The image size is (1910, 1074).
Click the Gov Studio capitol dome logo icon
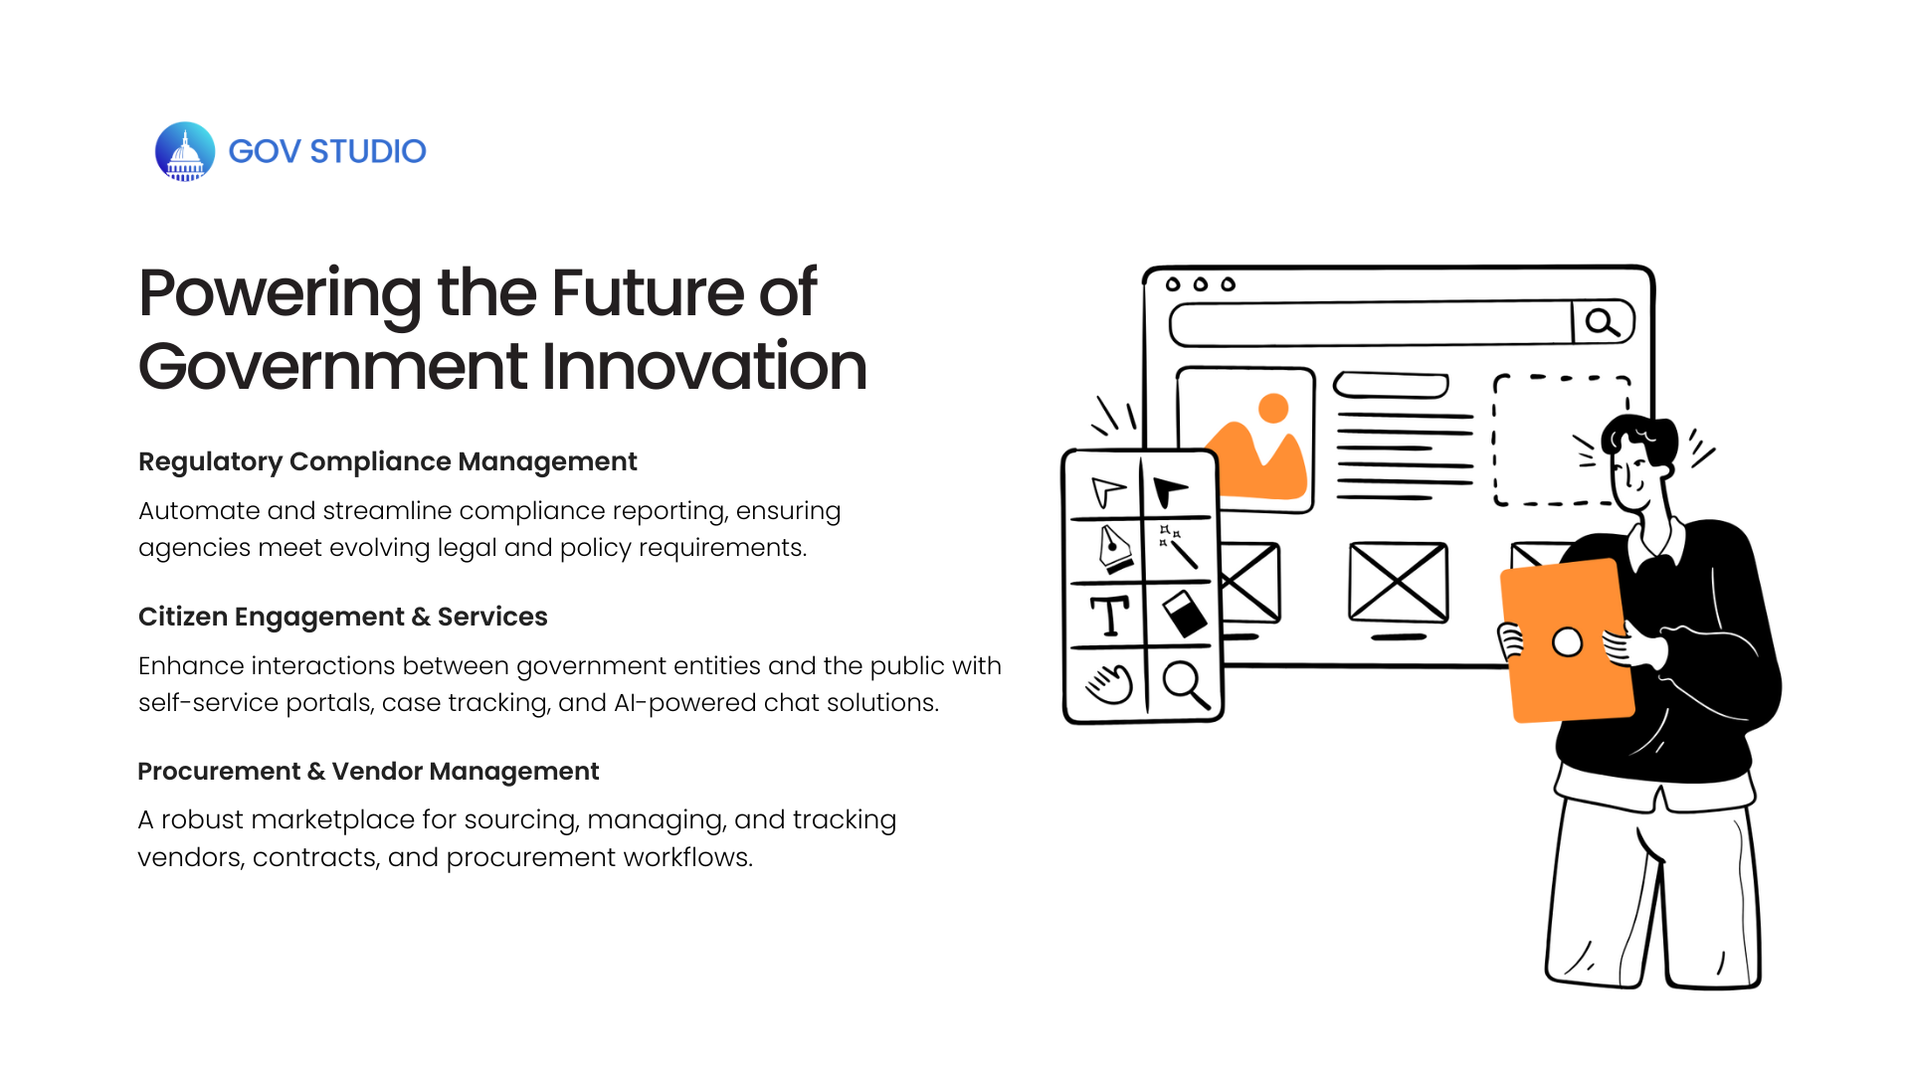coord(185,151)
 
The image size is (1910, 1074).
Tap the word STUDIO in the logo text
coord(368,151)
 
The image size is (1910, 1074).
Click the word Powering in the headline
coord(281,295)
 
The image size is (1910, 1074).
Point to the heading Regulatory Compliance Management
coord(388,461)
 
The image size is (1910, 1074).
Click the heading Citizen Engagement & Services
coord(343,617)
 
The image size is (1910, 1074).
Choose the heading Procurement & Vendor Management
coord(368,772)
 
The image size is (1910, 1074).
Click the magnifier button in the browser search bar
coord(1603,322)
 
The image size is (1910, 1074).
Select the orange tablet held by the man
coord(1568,640)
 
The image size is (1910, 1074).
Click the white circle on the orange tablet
coord(1568,642)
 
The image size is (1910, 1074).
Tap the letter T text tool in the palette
coord(1109,616)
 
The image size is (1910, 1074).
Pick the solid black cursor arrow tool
coord(1170,491)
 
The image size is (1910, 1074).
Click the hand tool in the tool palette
coord(1109,684)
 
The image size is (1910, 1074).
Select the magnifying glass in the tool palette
coord(1186,684)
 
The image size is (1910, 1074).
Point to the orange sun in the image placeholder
coord(1273,408)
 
